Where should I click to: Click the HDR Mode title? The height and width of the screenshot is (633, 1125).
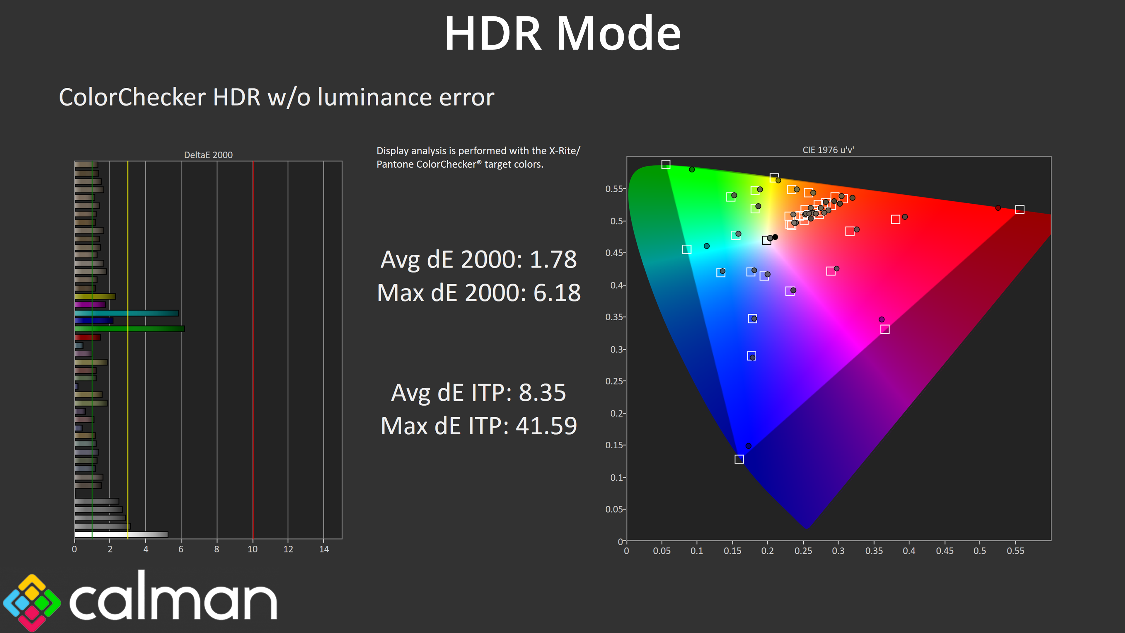pyautogui.click(x=562, y=34)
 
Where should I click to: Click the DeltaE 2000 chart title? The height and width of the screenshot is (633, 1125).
pyautogui.click(x=208, y=155)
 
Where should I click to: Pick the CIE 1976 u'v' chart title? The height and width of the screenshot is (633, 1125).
pyautogui.click(x=828, y=150)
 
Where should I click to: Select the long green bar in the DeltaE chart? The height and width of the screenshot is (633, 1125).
pyautogui.click(x=130, y=329)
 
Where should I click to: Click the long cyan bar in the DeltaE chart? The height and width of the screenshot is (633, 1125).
pyautogui.click(x=127, y=313)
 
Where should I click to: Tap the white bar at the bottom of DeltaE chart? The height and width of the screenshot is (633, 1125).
pyautogui.click(x=121, y=534)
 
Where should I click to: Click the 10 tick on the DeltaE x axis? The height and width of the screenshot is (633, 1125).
pyautogui.click(x=253, y=549)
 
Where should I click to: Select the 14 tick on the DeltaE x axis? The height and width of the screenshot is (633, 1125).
pyautogui.click(x=324, y=549)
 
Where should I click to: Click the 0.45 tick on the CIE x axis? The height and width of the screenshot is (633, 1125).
pyautogui.click(x=945, y=551)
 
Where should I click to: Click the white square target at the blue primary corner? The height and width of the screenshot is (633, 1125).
pyautogui.click(x=739, y=459)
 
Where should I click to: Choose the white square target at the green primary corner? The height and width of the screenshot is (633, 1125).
pyautogui.click(x=666, y=164)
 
